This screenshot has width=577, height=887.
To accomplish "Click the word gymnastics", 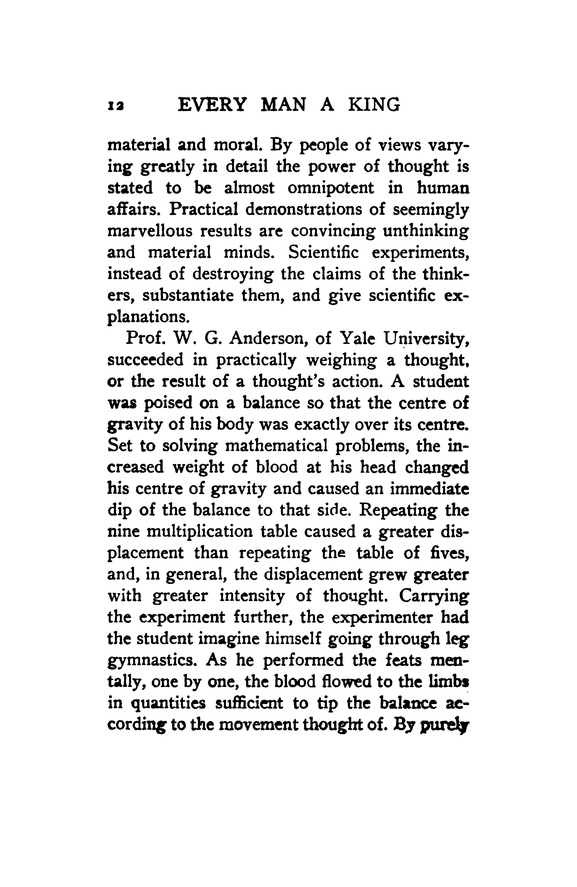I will point(153,660).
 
